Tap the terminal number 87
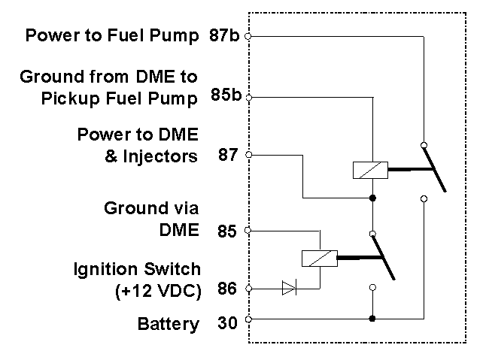228,156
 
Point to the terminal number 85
228,231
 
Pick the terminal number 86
228,289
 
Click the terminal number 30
228,325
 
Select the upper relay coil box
370,171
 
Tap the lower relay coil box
319,258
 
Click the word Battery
169,325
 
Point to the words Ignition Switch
137,269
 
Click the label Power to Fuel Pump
112,35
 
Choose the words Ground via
152,209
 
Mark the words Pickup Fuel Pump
120,98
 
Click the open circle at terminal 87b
248,35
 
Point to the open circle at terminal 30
248,319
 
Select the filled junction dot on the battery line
372,319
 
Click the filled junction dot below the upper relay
372,198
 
